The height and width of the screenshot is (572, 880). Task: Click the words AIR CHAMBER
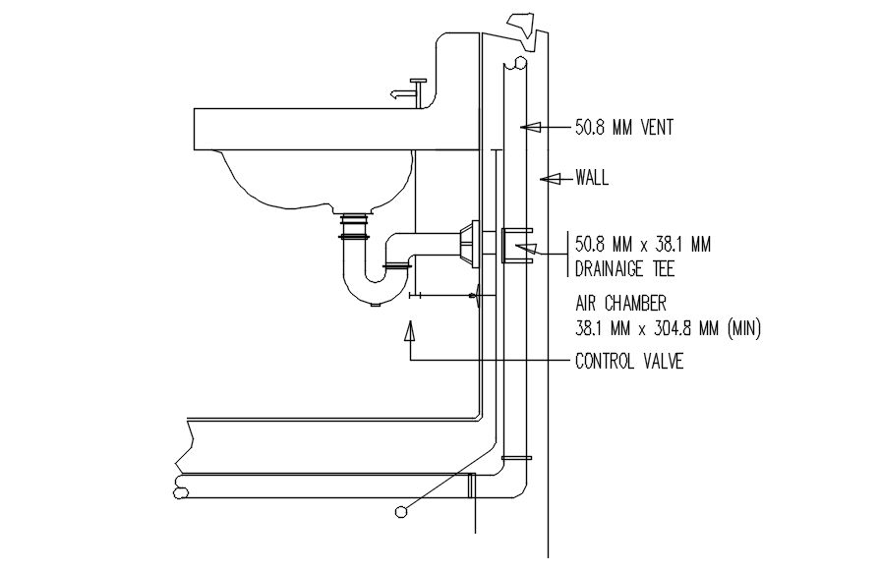[x=620, y=304]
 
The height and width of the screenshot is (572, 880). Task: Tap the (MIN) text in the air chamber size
[x=743, y=328]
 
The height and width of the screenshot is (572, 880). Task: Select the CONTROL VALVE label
[x=629, y=362]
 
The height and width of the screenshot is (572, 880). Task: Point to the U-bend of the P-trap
[x=373, y=290]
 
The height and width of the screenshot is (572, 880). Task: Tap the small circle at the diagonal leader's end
[x=399, y=511]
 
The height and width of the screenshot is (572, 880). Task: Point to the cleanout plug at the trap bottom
[x=374, y=304]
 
